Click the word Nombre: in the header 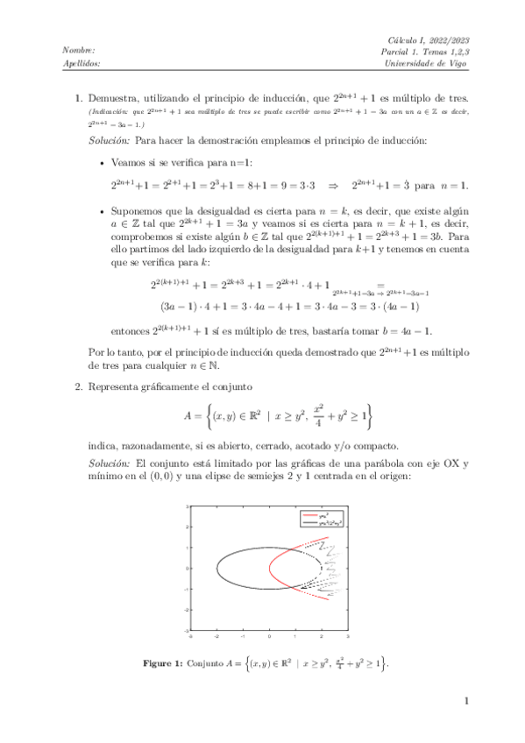(80, 52)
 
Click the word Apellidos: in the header (82, 64)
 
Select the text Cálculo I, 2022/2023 (429, 40)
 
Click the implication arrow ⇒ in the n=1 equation (333, 185)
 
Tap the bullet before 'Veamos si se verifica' (103, 162)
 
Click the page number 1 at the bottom (467, 700)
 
